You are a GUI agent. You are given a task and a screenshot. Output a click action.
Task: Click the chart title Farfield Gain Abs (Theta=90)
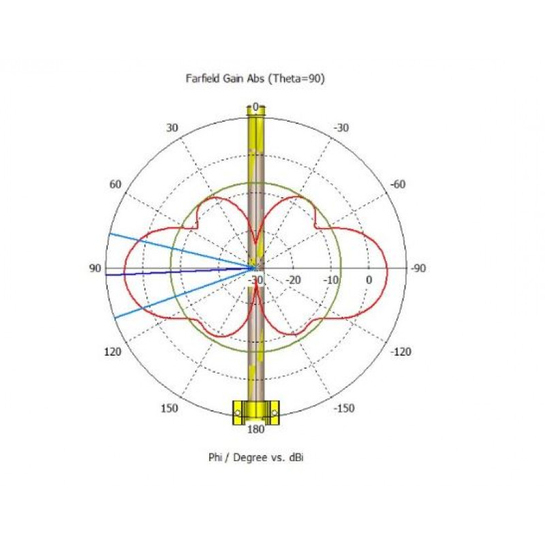pos(255,78)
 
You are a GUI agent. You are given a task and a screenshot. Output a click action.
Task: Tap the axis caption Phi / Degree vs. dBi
pos(256,457)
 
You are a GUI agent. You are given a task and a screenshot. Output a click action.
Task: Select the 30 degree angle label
pos(172,128)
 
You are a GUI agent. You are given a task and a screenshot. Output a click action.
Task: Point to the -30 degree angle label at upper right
pos(341,128)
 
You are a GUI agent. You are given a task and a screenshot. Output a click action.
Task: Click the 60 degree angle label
pos(115,184)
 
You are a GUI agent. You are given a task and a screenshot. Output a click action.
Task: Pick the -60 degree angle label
pos(398,184)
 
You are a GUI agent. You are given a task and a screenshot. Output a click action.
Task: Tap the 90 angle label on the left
pos(95,268)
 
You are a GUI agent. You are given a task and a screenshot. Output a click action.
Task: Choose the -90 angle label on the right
pos(418,268)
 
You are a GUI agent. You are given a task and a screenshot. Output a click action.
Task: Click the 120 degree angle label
pos(112,352)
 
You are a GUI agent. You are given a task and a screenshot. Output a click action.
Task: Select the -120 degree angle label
pos(401,352)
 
